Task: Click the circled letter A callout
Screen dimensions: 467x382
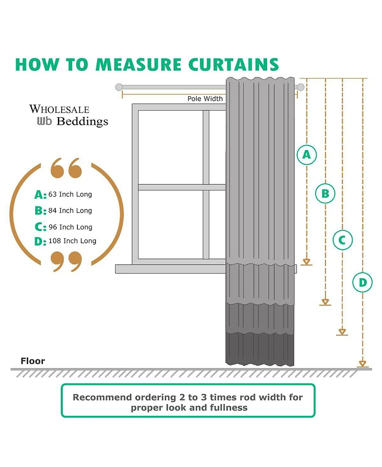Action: pos(307,154)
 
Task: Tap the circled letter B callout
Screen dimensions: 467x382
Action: pos(325,194)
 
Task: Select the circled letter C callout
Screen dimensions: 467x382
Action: pos(342,240)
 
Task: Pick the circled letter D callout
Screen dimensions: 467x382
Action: pos(362,282)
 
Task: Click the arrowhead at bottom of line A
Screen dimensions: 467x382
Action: pos(307,261)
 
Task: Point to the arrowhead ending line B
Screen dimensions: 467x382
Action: pos(325,302)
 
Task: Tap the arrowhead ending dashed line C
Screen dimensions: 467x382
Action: pos(342,331)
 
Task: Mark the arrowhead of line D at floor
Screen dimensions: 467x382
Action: pos(362,364)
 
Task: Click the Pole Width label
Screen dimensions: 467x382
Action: pos(205,99)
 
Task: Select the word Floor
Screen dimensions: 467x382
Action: pos(33,361)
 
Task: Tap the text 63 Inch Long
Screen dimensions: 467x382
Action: pos(70,195)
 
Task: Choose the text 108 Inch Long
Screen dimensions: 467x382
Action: pos(72,241)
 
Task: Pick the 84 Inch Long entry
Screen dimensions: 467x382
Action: pos(70,210)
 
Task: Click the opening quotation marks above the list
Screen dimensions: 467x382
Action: pos(66,168)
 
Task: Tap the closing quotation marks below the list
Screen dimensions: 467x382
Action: pos(66,261)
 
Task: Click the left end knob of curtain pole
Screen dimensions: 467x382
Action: pos(119,87)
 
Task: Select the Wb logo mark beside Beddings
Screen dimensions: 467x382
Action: pos(44,121)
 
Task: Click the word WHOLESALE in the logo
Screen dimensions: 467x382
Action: pos(59,109)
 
